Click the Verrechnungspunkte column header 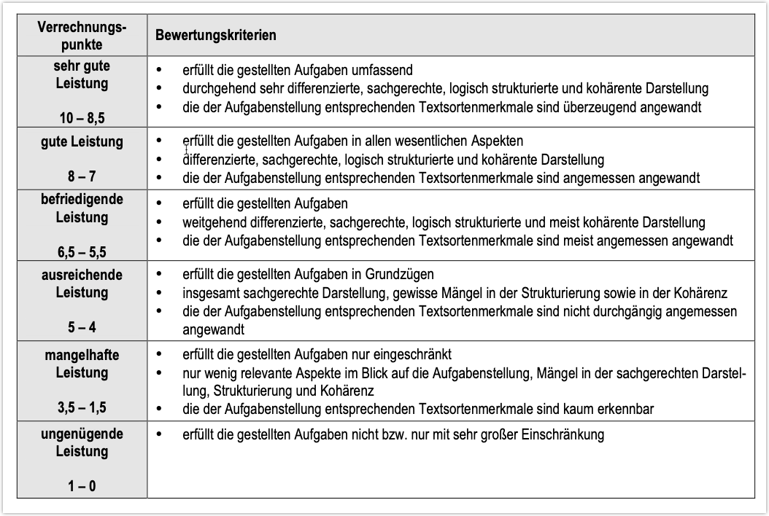[x=82, y=36]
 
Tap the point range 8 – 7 [x=82, y=176]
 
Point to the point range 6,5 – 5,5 [x=82, y=252]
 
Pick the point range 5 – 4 [x=82, y=328]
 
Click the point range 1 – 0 [x=82, y=485]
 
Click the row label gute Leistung [x=82, y=141]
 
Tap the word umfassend [x=387, y=71]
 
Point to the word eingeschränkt [x=416, y=355]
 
